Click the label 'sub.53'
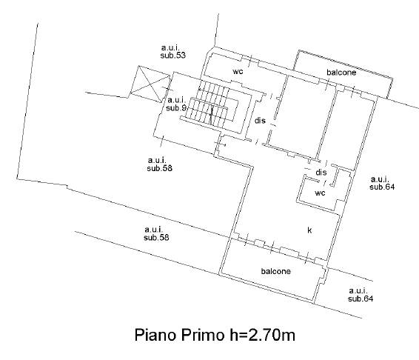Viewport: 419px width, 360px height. (172, 56)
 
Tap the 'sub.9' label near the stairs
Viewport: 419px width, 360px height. (176, 108)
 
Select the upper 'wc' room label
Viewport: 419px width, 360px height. (238, 71)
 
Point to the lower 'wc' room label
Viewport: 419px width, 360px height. (320, 193)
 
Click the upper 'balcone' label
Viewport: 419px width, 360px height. (341, 72)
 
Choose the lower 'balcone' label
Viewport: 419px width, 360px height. (275, 271)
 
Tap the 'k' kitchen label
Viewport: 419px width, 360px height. (309, 230)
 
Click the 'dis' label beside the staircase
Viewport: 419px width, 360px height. (260, 121)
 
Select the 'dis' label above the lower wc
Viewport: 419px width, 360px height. (321, 173)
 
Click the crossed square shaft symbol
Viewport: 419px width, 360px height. (150, 84)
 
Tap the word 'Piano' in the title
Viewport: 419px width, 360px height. (155, 335)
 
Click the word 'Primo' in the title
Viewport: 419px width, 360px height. (203, 335)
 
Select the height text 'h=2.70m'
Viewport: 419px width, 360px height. (262, 335)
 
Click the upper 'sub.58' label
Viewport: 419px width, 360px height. (159, 168)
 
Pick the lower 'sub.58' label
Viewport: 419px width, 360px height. (156, 238)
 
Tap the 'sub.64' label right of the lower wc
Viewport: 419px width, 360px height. (382, 187)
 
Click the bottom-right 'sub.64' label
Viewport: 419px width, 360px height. (361, 299)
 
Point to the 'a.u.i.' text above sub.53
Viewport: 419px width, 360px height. (170, 48)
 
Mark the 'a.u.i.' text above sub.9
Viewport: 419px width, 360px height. (176, 100)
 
